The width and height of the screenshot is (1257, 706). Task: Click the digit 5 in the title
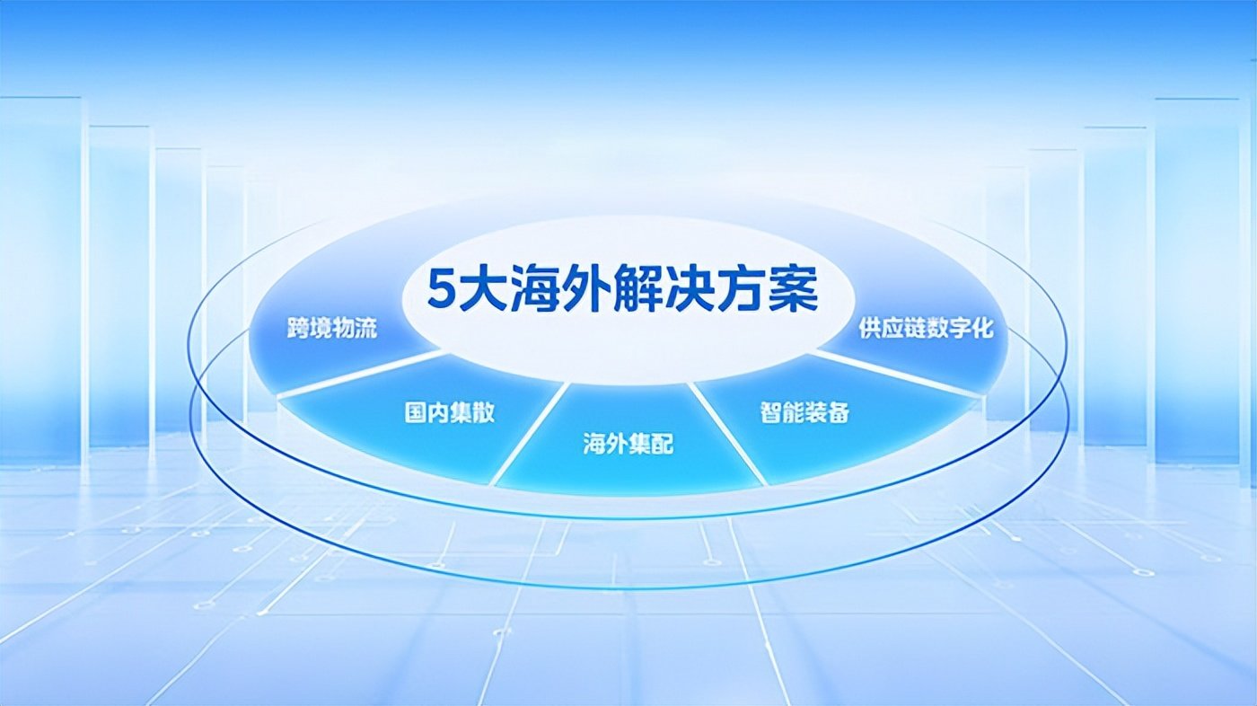(441, 290)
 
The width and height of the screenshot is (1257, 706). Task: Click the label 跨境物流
(332, 329)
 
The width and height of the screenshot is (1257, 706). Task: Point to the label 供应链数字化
(926, 329)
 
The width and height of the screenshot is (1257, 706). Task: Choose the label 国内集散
(450, 412)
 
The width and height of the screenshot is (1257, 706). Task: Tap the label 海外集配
(628, 444)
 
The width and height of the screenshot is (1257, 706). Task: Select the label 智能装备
(805, 412)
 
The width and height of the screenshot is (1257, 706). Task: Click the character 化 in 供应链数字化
(982, 329)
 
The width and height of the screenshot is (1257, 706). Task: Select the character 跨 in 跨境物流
(298, 329)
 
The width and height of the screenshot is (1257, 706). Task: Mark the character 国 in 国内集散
(415, 412)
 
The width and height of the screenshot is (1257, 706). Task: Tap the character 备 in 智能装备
(839, 412)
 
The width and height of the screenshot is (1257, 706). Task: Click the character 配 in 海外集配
(663, 444)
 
